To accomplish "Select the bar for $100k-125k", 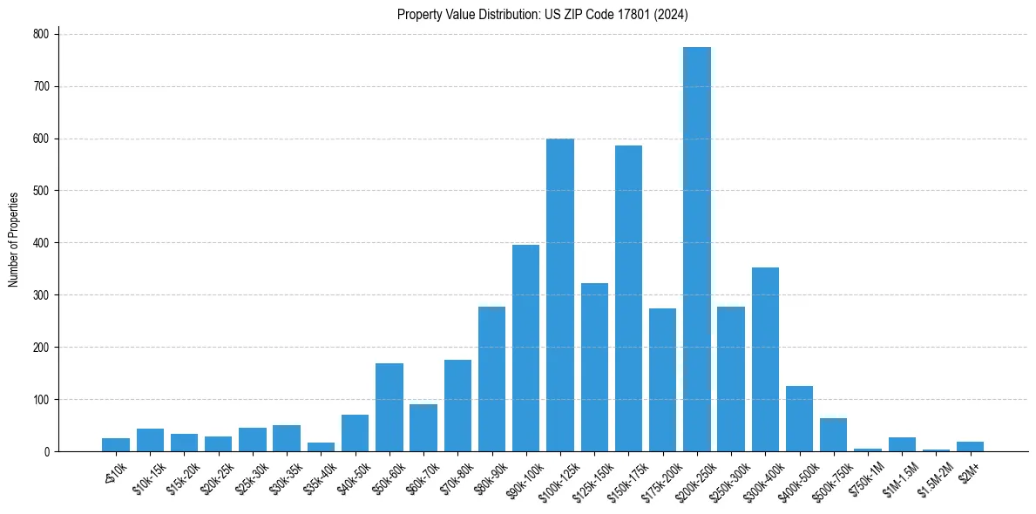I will tap(560, 295).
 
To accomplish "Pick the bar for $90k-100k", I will tap(525, 348).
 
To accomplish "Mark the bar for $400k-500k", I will tap(799, 419).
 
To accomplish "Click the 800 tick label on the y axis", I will tap(42, 34).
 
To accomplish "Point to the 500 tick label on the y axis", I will tap(42, 191).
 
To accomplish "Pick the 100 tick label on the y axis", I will tap(42, 400).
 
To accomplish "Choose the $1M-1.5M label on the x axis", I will tap(897, 478).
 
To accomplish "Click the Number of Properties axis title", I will tap(14, 240).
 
